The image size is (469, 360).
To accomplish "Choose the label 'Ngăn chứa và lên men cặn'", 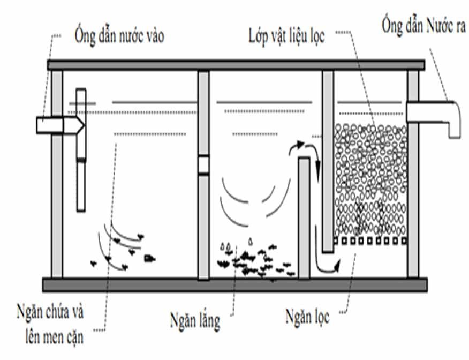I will [52, 324].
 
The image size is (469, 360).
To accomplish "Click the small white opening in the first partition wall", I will [203, 164].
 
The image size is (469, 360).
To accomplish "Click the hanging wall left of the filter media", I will [328, 161].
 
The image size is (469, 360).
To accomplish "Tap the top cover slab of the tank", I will [236, 65].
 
